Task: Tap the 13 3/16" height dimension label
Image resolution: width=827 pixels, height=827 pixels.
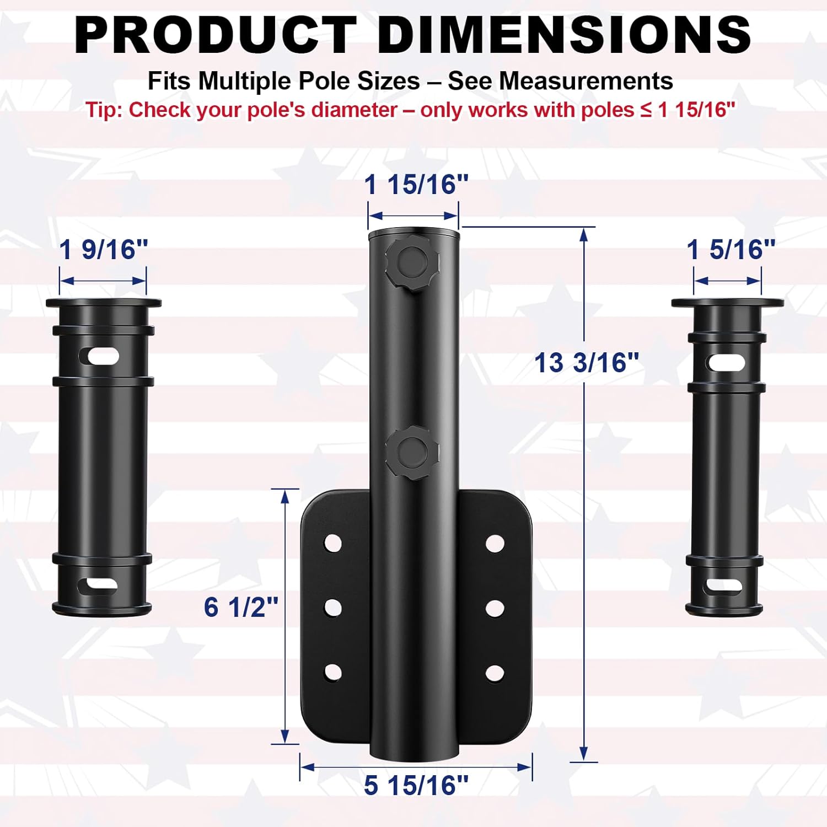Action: (587, 363)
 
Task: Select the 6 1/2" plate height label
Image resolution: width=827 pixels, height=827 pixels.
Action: (241, 607)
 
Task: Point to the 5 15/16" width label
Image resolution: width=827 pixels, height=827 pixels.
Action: (416, 785)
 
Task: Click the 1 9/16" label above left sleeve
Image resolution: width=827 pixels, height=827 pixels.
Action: (104, 249)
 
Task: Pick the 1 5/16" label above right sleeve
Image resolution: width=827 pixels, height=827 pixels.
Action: (731, 249)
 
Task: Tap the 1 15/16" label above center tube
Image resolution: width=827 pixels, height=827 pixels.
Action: (416, 184)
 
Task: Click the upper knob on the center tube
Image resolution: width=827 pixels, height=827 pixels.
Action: (412, 260)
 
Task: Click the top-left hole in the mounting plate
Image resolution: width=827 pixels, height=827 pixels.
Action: (333, 543)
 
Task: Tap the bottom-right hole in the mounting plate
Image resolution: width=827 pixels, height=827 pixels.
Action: (495, 673)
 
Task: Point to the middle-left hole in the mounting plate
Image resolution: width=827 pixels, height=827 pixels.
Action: (333, 608)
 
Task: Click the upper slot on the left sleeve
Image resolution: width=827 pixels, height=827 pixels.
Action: (103, 357)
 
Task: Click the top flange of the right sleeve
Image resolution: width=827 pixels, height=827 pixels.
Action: (727, 303)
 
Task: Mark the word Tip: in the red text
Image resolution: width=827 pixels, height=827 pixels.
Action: (104, 110)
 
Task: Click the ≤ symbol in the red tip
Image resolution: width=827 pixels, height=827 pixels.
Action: (646, 110)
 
